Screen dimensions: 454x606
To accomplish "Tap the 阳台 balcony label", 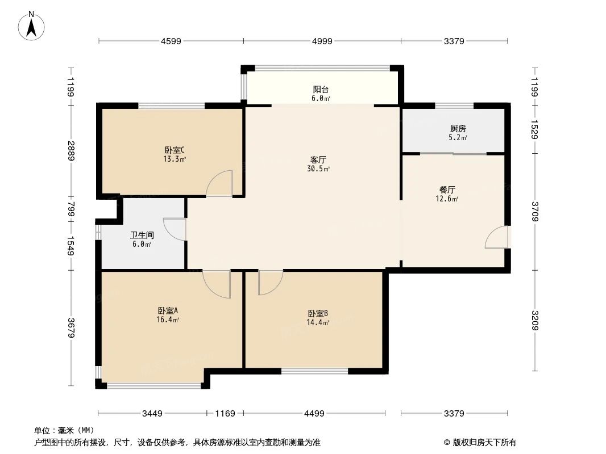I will [x=321, y=89].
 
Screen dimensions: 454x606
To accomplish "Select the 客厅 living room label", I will [x=318, y=159].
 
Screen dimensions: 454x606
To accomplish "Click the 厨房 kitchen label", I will [x=458, y=129].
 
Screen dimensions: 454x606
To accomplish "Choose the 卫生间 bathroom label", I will [x=142, y=235].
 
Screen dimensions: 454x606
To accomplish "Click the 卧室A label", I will [x=168, y=310].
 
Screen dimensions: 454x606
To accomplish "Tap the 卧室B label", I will [x=318, y=313].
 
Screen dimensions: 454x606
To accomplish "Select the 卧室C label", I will [x=175, y=150].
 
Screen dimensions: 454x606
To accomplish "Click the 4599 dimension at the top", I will [x=171, y=41].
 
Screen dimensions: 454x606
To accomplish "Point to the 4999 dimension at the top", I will [x=322, y=41].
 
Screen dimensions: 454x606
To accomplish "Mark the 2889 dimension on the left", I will [x=71, y=150].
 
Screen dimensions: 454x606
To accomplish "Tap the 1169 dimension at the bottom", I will [x=225, y=414].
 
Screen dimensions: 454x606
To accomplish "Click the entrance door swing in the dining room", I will [x=496, y=237].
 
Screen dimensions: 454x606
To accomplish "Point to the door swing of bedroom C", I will [x=219, y=183].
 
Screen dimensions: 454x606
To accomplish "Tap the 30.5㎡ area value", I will [x=318, y=169].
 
